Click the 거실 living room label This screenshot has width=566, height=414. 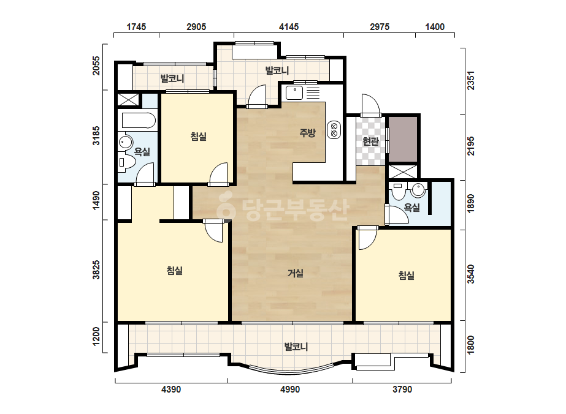[x=296, y=273]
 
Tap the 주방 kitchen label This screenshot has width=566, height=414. [x=308, y=133]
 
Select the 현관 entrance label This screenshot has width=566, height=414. [x=370, y=141]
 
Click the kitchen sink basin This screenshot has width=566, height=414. [x=294, y=92]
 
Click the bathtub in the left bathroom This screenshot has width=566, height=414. [x=139, y=121]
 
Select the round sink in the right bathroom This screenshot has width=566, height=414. [x=418, y=190]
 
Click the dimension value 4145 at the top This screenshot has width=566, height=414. [x=289, y=27]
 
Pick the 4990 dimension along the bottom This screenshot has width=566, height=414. [x=290, y=390]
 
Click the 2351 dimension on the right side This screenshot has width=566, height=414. [x=471, y=81]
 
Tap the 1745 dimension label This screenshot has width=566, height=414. [x=136, y=27]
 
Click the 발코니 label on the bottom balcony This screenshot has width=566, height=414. [x=296, y=347]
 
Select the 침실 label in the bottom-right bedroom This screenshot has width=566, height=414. [x=407, y=276]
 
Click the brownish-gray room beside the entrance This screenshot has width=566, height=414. [x=403, y=139]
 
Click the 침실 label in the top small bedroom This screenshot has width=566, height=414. [x=199, y=137]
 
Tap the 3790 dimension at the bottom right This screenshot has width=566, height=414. [x=402, y=390]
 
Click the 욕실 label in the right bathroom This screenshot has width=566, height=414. [x=412, y=208]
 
